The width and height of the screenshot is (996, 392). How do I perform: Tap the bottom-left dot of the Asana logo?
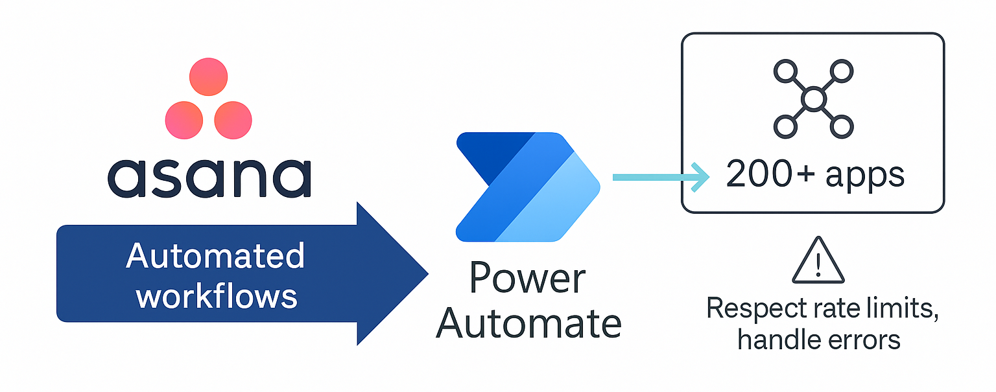(x=184, y=120)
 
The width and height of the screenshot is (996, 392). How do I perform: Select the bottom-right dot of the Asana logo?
(x=233, y=120)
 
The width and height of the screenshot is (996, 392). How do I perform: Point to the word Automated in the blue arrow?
(x=215, y=256)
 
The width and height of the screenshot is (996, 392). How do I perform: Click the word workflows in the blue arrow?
(x=217, y=296)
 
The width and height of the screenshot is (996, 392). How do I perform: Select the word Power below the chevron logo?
(x=527, y=279)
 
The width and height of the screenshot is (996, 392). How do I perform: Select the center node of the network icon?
(x=813, y=99)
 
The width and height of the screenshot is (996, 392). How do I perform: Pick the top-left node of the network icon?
(x=785, y=71)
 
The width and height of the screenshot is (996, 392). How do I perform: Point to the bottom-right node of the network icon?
(x=841, y=127)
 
